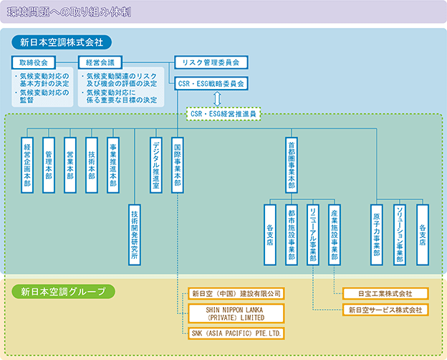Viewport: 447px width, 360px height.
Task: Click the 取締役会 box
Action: (x=34, y=62)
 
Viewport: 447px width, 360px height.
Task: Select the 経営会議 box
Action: (x=100, y=62)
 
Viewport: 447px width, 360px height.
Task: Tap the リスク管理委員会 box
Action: (x=211, y=62)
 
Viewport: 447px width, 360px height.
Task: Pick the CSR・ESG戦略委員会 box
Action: (x=211, y=83)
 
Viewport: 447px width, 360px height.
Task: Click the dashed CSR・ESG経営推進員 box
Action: (x=223, y=113)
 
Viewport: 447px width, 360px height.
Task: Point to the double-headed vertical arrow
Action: (x=218, y=99)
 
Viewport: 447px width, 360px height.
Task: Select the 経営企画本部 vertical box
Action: (x=27, y=165)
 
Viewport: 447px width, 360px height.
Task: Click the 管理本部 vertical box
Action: (x=49, y=165)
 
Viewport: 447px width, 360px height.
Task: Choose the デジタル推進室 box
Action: (x=156, y=165)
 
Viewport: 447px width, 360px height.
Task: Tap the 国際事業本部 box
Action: (x=178, y=165)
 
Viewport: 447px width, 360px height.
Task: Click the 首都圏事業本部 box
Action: (x=292, y=165)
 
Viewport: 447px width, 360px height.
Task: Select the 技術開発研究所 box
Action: (x=134, y=235)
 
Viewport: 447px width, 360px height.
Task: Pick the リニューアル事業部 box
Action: (x=313, y=235)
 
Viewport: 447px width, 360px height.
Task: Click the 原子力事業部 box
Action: (x=377, y=235)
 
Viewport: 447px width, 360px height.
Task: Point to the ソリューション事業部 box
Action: (x=400, y=235)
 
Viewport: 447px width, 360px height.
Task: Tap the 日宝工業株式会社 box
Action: (x=385, y=293)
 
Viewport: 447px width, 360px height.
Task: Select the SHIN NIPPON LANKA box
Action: (x=236, y=313)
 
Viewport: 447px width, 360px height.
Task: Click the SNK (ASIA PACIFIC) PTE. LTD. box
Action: (x=236, y=333)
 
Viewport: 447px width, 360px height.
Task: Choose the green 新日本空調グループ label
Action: (x=63, y=292)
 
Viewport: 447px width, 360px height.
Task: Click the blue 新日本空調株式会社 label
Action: (x=62, y=42)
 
